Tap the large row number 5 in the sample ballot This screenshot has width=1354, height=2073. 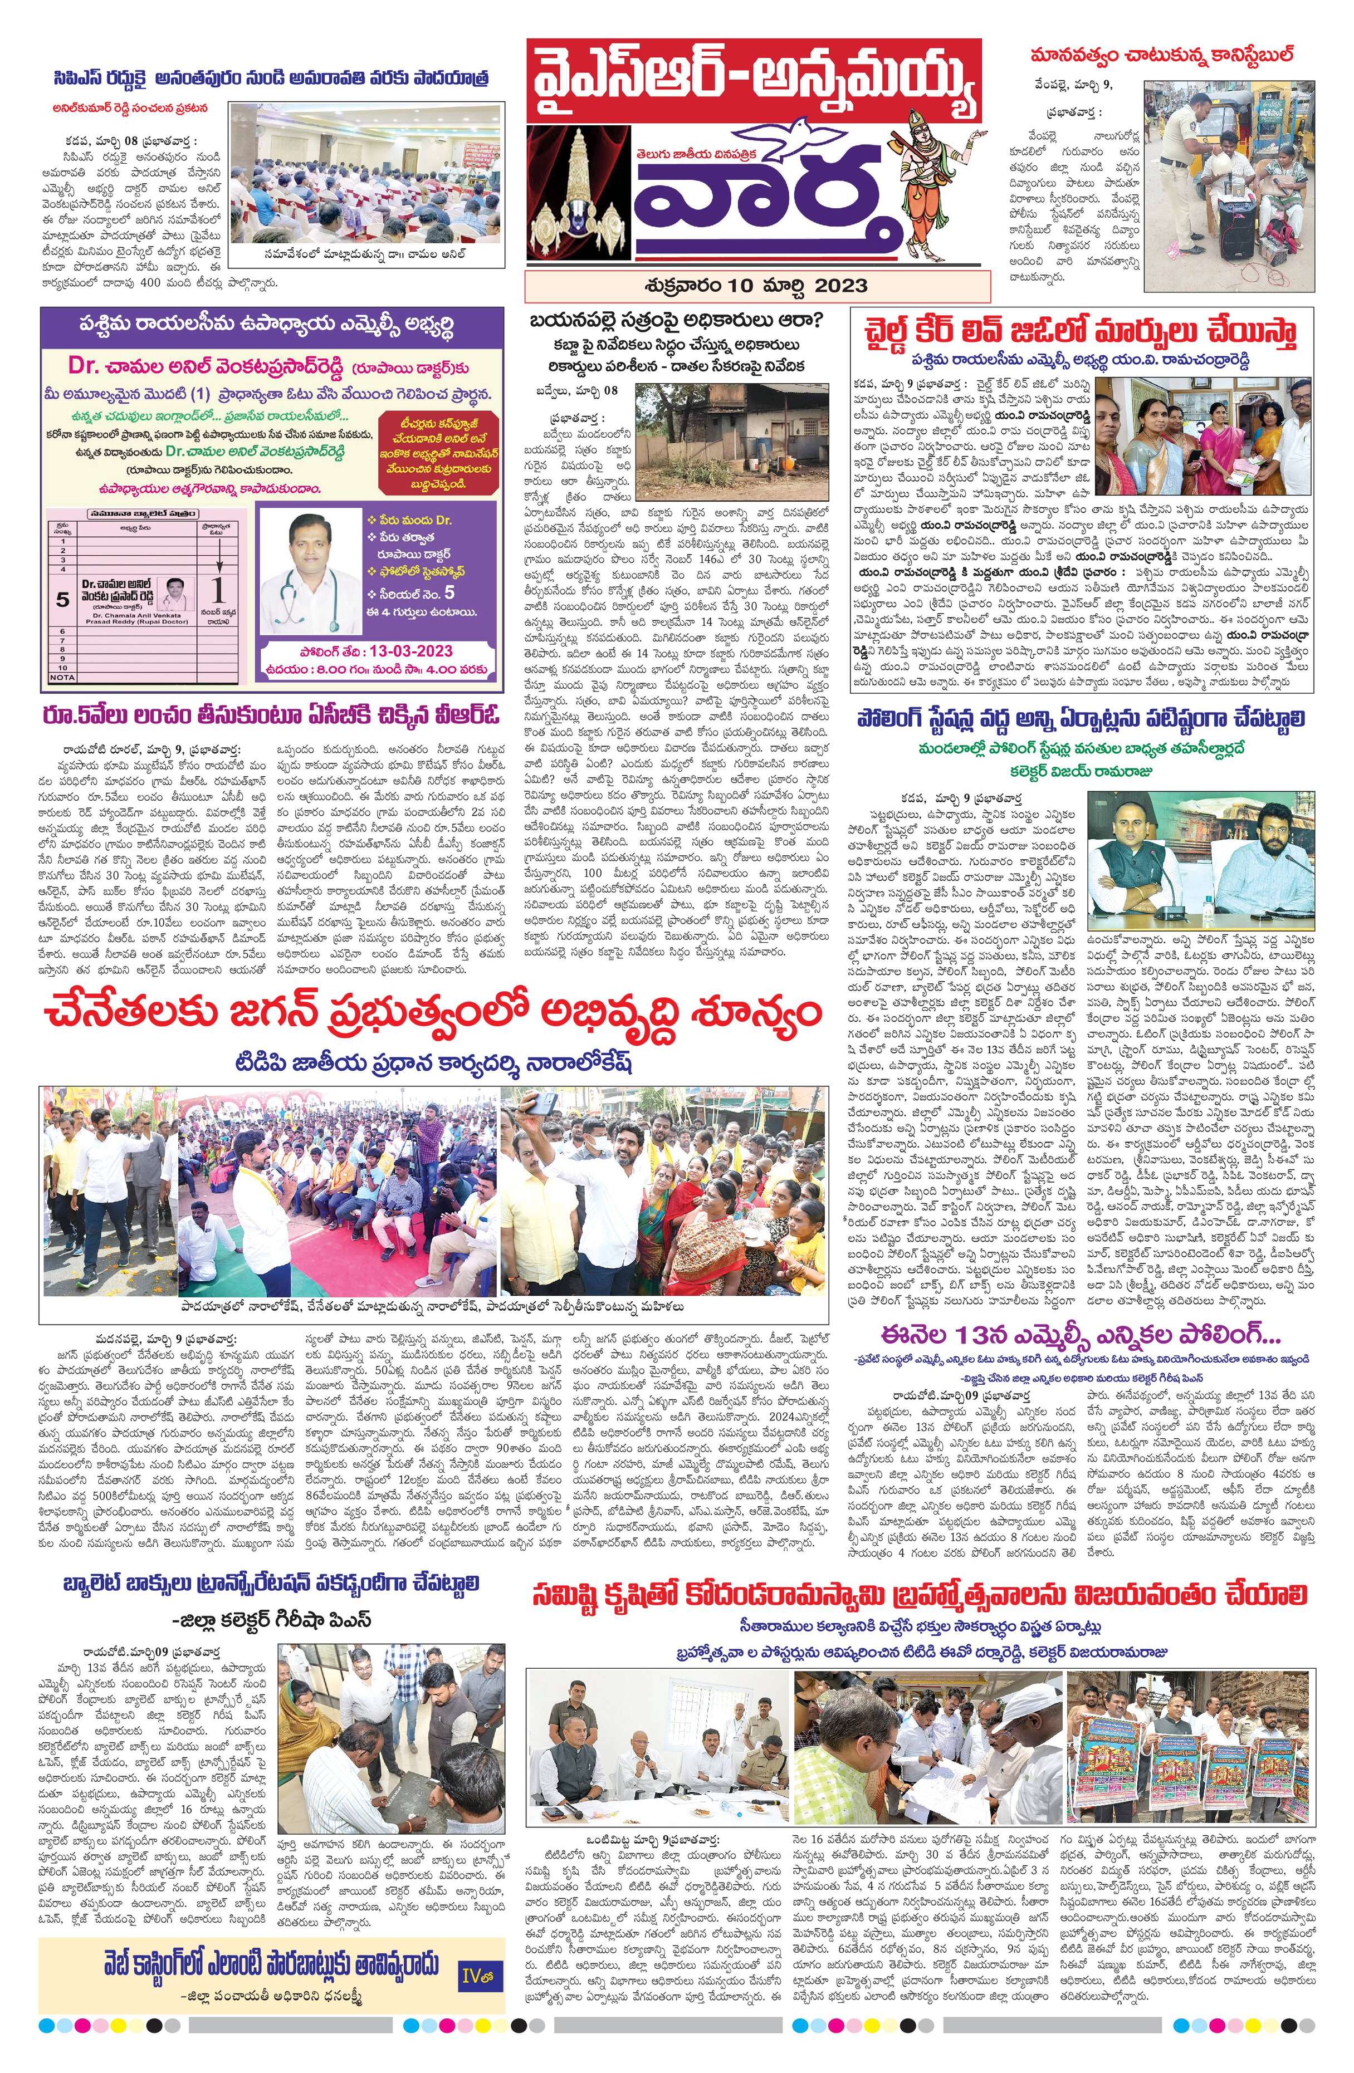(62, 599)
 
